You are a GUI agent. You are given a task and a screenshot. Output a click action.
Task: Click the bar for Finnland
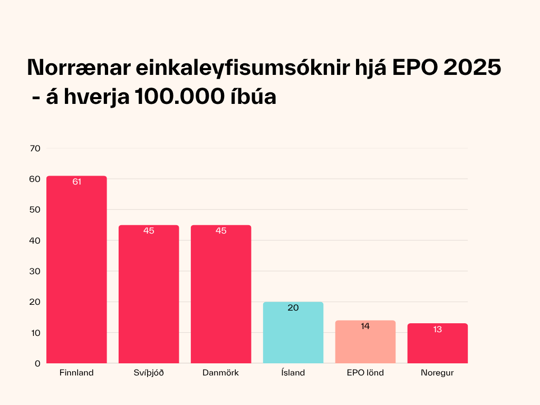pyautogui.click(x=76, y=270)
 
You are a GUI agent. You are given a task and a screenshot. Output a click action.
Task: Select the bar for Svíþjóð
pyautogui.click(x=148, y=294)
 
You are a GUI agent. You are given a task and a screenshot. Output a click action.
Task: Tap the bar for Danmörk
pyautogui.click(x=221, y=294)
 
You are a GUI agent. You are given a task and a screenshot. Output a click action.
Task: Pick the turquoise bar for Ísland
pyautogui.click(x=293, y=333)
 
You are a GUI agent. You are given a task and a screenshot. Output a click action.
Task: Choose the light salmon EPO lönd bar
pyautogui.click(x=365, y=342)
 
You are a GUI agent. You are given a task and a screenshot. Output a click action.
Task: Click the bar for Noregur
pyautogui.click(x=437, y=343)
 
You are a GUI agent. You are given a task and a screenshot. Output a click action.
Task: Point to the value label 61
pyautogui.click(x=76, y=182)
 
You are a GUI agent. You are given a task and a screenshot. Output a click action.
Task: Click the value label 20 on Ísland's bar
pyautogui.click(x=293, y=308)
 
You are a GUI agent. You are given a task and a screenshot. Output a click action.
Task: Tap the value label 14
pyautogui.click(x=365, y=326)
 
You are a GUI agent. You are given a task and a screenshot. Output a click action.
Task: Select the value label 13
pyautogui.click(x=437, y=329)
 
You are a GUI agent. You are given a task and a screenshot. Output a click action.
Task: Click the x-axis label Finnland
pyautogui.click(x=76, y=373)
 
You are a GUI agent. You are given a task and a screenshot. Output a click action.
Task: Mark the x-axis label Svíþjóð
pyautogui.click(x=148, y=373)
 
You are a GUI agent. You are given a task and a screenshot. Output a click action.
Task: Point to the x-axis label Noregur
pyautogui.click(x=437, y=373)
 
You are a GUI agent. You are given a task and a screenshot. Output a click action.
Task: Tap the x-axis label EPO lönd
pyautogui.click(x=365, y=373)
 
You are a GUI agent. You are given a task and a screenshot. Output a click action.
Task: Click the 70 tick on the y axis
pyautogui.click(x=35, y=148)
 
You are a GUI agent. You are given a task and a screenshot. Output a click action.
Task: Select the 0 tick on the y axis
pyautogui.click(x=38, y=363)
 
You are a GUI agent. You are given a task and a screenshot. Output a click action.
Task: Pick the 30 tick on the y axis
pyautogui.click(x=35, y=271)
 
